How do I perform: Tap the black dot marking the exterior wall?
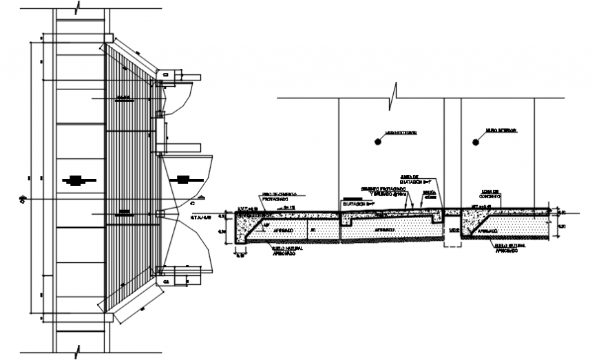(378, 142)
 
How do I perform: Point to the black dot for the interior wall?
(476, 142)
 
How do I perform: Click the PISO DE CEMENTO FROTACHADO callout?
(278, 197)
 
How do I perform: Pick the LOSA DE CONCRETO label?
(491, 196)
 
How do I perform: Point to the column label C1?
(165, 74)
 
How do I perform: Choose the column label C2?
(165, 281)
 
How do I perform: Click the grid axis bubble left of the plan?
(23, 200)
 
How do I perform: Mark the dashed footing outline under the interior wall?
(452, 230)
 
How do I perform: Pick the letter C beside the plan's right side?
(193, 204)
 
